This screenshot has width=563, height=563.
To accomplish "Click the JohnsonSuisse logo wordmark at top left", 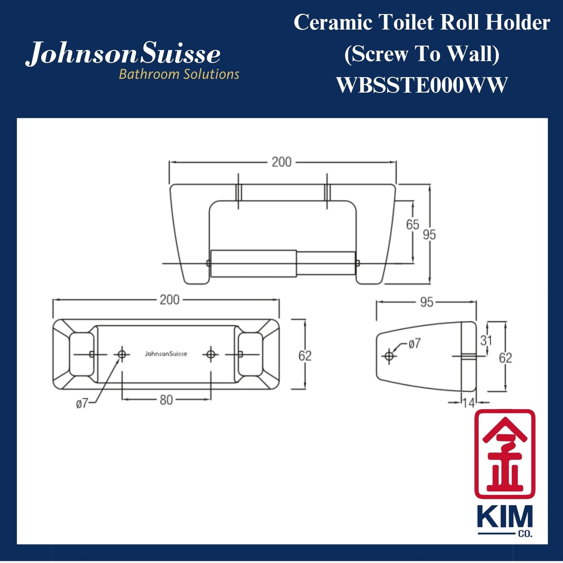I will pyautogui.click(x=123, y=54).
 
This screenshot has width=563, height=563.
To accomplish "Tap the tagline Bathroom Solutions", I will pyautogui.click(x=179, y=74).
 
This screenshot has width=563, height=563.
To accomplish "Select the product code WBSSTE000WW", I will pyautogui.click(x=422, y=85).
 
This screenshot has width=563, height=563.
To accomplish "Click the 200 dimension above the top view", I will pyautogui.click(x=282, y=162).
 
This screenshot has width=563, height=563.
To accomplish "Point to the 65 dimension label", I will pyautogui.click(x=412, y=224).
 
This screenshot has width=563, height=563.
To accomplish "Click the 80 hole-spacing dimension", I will pyautogui.click(x=166, y=400).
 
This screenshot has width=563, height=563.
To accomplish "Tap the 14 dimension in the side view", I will pyautogui.click(x=469, y=403).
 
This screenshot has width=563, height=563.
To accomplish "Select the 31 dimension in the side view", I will pyautogui.click(x=486, y=340).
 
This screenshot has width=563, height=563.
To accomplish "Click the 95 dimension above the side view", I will pyautogui.click(x=427, y=302).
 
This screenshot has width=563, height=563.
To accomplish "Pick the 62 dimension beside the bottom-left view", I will pyautogui.click(x=305, y=355).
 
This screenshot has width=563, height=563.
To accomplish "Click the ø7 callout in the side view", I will pyautogui.click(x=415, y=343).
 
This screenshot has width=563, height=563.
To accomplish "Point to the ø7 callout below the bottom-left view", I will pyautogui.click(x=82, y=403).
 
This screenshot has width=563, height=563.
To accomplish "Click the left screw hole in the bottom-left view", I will pyautogui.click(x=122, y=354).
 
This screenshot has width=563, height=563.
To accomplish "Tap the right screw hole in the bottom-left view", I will pyautogui.click(x=211, y=354).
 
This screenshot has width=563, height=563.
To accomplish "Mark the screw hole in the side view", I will pyautogui.click(x=388, y=356).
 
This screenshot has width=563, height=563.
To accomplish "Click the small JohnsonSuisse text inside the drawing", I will pyautogui.click(x=166, y=354).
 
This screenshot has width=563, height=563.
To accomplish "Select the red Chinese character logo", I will pyautogui.click(x=505, y=454).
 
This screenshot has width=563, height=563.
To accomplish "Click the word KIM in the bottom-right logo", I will pyautogui.click(x=505, y=518).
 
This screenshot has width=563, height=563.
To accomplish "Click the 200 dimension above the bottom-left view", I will pyautogui.click(x=169, y=300).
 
